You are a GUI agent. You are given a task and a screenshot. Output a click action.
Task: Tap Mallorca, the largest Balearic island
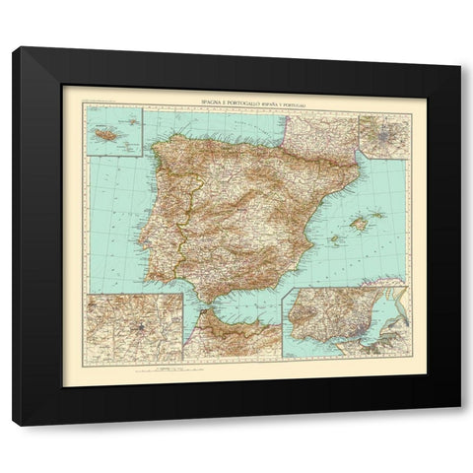360,224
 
